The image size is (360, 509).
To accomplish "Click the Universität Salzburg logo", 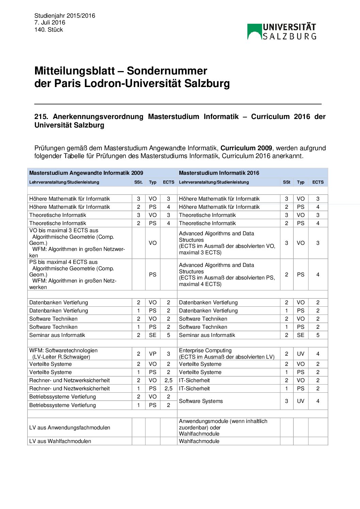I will point(282,32).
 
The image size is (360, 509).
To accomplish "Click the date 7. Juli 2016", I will point(50,22).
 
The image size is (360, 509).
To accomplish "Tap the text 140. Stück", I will point(49,30).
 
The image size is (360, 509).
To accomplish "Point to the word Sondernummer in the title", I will point(167,71).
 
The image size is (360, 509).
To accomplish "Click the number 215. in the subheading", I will point(41,117).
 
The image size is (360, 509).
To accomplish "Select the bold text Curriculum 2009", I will point(246,148).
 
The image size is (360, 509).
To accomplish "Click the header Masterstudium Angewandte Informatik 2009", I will point(86,173).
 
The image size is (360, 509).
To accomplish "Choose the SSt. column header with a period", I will point(138,182).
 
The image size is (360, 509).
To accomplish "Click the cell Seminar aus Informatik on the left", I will point(57,335).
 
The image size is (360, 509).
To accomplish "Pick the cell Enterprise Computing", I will point(205,351).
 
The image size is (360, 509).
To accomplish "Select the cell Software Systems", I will point(201,401).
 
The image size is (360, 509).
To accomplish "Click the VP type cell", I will point(153,354).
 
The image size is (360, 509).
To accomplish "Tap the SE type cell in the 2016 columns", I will point(300,335).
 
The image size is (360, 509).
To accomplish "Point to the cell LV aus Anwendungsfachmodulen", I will point(70,427).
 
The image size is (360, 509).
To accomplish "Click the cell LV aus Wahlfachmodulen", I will point(60,441).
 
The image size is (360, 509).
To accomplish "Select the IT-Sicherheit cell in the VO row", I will point(194,380).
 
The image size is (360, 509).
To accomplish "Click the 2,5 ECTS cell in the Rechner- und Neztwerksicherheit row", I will point(168,388).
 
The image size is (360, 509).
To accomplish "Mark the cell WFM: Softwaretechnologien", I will point(63,351).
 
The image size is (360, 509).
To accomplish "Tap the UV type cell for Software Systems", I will point(300,401).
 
